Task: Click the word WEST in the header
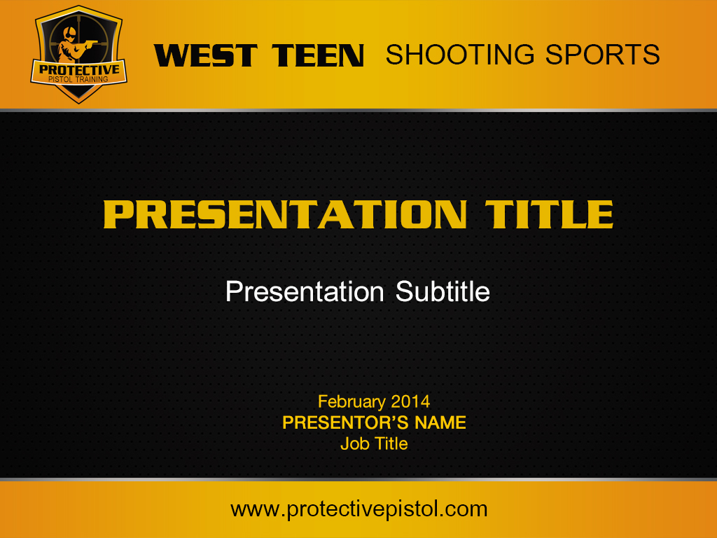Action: click(206, 55)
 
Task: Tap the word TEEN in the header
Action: click(318, 55)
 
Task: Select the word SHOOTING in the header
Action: click(460, 55)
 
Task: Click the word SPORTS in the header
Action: click(603, 55)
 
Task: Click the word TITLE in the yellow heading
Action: click(549, 214)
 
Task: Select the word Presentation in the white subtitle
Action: click(305, 291)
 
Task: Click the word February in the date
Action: click(351, 402)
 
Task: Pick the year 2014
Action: click(410, 401)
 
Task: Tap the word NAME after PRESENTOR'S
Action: click(440, 422)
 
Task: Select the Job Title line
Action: click(374, 443)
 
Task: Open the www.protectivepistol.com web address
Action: click(359, 509)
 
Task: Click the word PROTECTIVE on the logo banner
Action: click(79, 69)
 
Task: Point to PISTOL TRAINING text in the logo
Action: click(78, 79)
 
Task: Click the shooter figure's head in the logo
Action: click(70, 32)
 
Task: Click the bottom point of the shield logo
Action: click(78, 104)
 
